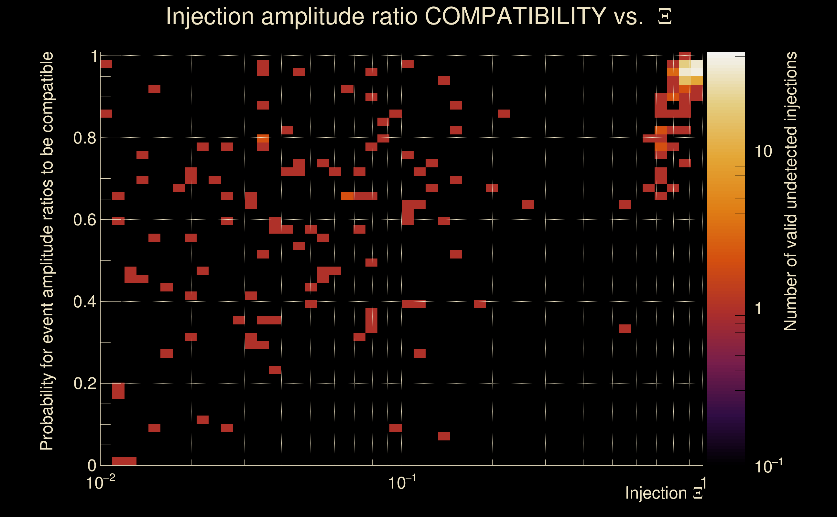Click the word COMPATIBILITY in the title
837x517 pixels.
515,16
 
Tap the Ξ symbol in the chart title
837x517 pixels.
665,17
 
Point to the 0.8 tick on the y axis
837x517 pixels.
84,138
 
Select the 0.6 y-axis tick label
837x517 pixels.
84,220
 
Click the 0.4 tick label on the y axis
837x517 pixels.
84,302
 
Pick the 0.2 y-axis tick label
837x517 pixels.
84,384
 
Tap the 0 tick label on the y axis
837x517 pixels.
92,465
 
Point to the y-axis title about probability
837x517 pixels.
47,251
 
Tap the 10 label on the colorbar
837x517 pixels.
763,151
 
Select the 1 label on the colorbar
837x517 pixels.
758,308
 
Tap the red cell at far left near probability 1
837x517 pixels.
106,64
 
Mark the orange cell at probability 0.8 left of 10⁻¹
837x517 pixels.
263,139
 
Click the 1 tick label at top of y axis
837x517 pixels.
94,56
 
